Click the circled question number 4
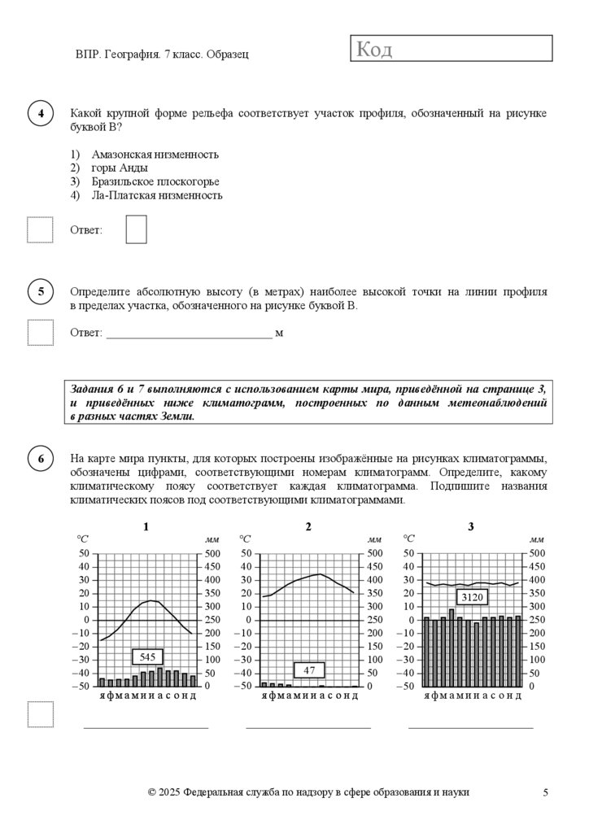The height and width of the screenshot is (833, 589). [x=41, y=114]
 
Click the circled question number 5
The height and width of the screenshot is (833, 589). [x=41, y=291]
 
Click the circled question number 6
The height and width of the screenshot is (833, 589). [x=41, y=458]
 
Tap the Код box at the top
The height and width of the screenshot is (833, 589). [x=452, y=49]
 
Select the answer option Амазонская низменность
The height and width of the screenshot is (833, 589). [x=155, y=155]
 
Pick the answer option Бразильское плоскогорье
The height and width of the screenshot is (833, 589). [x=155, y=181]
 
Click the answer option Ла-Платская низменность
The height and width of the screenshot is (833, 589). [x=157, y=195]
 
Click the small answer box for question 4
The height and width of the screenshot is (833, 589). [x=137, y=229]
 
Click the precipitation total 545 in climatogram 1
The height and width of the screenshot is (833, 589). [x=147, y=656]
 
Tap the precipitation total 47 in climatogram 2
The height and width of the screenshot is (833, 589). [x=309, y=670]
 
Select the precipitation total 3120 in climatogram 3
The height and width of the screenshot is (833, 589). [x=472, y=597]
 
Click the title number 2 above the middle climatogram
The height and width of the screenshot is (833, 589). [x=308, y=527]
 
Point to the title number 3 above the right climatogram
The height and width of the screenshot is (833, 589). [x=471, y=527]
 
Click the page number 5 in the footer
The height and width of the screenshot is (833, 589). [x=546, y=792]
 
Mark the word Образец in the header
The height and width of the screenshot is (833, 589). [x=227, y=54]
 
